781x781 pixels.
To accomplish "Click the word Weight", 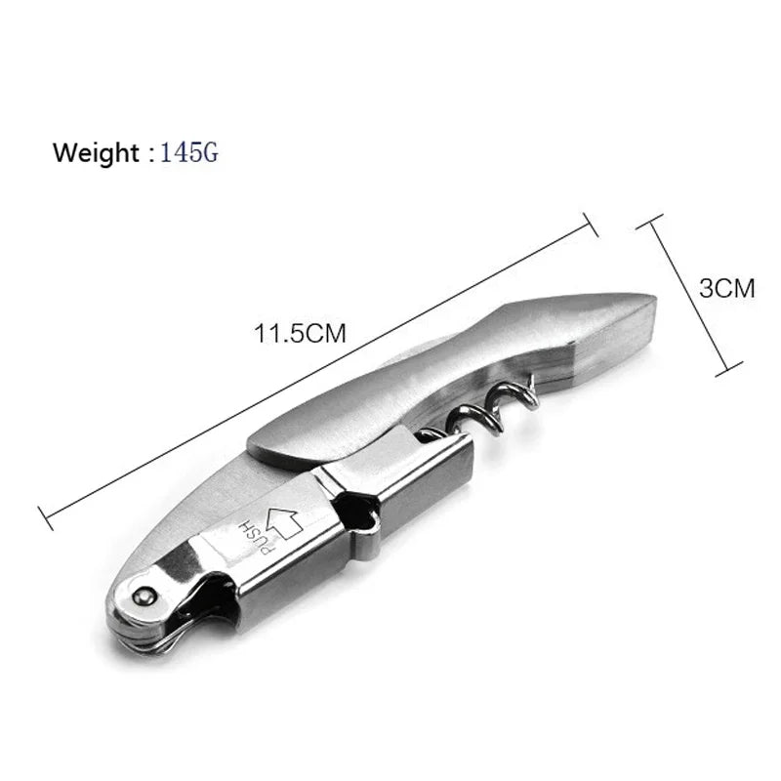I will point(96,152).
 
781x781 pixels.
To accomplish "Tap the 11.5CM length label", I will point(301,333).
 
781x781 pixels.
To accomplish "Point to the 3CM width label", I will point(727,288).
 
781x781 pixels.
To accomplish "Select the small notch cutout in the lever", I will point(361,521).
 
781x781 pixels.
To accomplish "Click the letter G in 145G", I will point(210,152).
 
